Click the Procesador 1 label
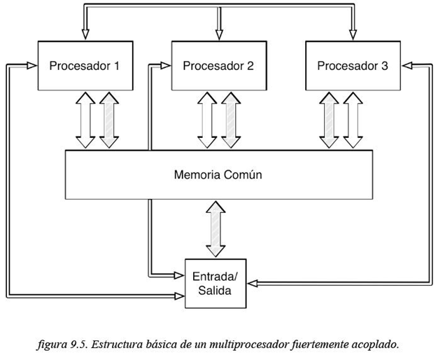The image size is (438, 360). point(84,66)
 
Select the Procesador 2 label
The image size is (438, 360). point(218,66)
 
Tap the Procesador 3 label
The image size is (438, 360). point(352,66)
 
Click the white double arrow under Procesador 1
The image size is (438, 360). point(85,120)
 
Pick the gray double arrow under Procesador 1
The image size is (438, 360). point(108,120)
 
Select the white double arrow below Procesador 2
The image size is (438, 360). point(206,120)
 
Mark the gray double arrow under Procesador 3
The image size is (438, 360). point(330,120)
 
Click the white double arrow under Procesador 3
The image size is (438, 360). point(353,120)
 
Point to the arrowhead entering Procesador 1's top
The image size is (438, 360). point(85,34)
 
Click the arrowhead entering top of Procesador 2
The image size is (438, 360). point(218,34)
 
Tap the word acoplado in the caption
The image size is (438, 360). point(374,345)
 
